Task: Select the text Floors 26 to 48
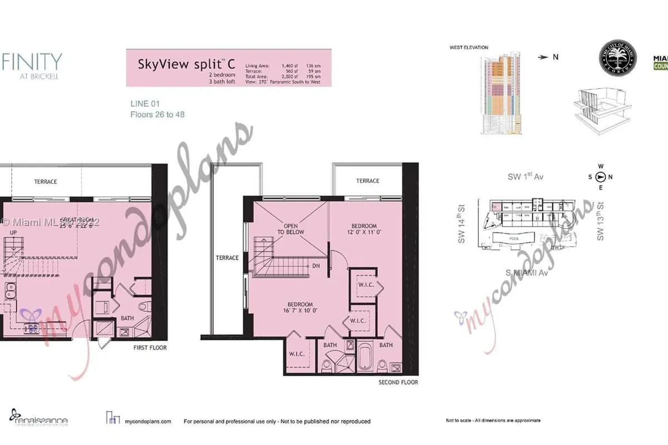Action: point(157,115)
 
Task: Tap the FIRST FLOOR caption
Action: point(150,348)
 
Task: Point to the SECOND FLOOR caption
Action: point(398,382)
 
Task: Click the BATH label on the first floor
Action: point(127,319)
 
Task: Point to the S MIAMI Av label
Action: point(524,272)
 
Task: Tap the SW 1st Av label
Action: point(525,177)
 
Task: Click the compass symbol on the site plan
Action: point(601,177)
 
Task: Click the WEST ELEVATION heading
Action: point(469,48)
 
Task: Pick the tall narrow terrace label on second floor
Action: point(227,258)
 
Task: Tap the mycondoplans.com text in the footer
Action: point(149,422)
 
